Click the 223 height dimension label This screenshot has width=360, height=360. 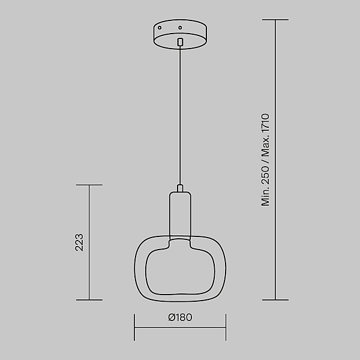(79, 242)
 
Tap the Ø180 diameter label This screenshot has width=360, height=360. (180, 317)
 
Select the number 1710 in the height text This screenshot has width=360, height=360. (265, 123)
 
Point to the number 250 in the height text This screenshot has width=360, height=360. (265, 175)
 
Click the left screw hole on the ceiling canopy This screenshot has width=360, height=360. (160, 28)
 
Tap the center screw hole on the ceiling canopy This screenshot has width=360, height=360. (180, 28)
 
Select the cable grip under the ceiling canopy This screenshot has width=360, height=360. (180, 41)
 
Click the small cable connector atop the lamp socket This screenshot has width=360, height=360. (180, 188)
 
